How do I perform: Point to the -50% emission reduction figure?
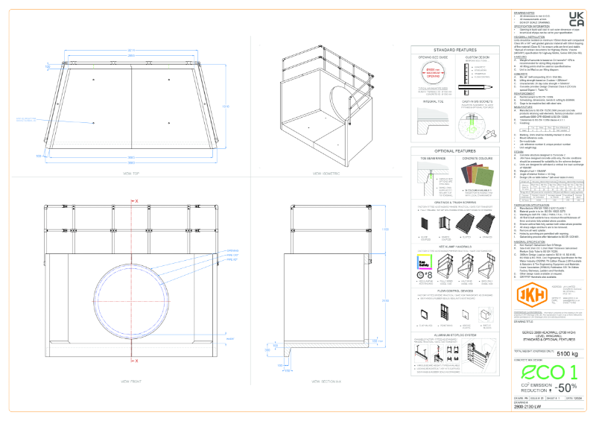564,387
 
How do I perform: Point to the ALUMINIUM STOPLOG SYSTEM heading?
454,335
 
